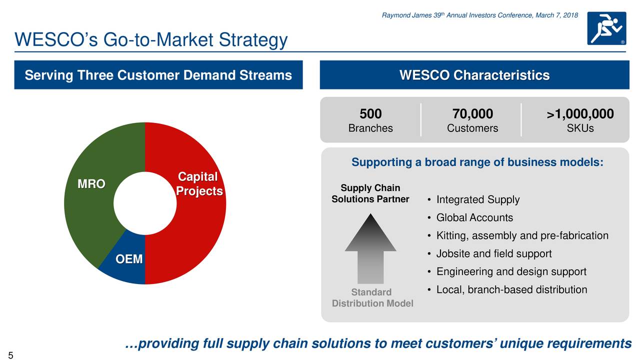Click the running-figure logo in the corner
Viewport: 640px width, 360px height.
click(x=606, y=28)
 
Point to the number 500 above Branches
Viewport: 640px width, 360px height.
click(x=370, y=113)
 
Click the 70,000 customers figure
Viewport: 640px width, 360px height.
click(x=472, y=113)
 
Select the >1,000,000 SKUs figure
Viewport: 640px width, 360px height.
click(x=580, y=113)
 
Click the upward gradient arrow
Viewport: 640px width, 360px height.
click(x=370, y=248)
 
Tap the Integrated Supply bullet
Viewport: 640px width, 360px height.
click(x=477, y=199)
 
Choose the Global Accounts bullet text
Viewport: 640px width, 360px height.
click(x=474, y=217)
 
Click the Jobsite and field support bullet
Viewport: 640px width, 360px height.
click(x=494, y=253)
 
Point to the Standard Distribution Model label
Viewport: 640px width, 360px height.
click(x=372, y=297)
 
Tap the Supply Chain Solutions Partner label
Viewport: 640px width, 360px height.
click(x=370, y=193)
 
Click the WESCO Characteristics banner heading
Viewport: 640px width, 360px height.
click(x=474, y=75)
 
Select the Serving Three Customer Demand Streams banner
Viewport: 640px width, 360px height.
click(x=158, y=75)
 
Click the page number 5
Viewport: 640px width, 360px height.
click(x=10, y=355)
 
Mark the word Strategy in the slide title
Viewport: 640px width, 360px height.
click(x=253, y=40)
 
